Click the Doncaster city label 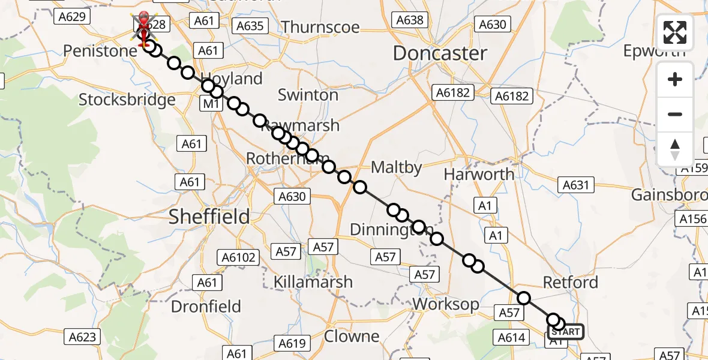coord(440,53)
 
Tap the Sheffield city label coord(209,217)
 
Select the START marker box coord(565,332)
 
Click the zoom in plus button coord(675,79)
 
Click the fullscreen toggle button coord(675,32)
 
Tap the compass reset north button coord(675,149)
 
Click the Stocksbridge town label coord(127,99)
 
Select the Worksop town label coord(446,304)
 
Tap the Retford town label coord(570,282)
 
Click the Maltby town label coord(397,167)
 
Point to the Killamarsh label coord(313,282)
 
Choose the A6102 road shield coord(241,258)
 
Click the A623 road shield coord(82,337)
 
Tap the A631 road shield coord(575,185)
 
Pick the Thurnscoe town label coord(320,27)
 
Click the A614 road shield coord(512,338)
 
